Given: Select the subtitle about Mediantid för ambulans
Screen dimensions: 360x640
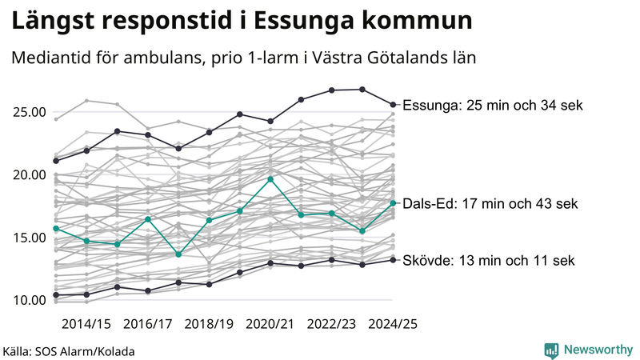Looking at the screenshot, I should pyautogui.click(x=243, y=58).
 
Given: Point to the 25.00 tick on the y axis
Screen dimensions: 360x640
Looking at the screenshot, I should pyautogui.click(x=28, y=112).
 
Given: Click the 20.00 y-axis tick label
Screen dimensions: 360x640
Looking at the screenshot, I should pyautogui.click(x=28, y=174).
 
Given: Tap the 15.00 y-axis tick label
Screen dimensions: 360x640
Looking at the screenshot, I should pyautogui.click(x=28, y=238).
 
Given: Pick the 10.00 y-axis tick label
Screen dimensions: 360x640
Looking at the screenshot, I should pyautogui.click(x=28, y=300).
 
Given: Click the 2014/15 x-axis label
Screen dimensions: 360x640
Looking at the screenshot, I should pyautogui.click(x=87, y=324).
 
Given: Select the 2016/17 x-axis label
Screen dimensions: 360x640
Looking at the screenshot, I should pyautogui.click(x=149, y=324).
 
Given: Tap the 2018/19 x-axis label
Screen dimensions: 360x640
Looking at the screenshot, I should pyautogui.click(x=209, y=324).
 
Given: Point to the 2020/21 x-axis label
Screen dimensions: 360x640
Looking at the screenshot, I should pyautogui.click(x=270, y=324).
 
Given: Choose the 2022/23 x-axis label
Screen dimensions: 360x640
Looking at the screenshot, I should pyautogui.click(x=331, y=324).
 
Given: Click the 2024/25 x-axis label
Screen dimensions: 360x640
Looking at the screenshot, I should pyautogui.click(x=392, y=324).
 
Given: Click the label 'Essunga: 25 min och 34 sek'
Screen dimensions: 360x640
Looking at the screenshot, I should pyautogui.click(x=493, y=106).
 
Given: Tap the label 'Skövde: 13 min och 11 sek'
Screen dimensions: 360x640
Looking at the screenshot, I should pyautogui.click(x=488, y=261).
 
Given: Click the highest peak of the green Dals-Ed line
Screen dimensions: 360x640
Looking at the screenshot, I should pyautogui.click(x=270, y=179).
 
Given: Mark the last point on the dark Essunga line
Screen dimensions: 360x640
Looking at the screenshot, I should pyautogui.click(x=393, y=104).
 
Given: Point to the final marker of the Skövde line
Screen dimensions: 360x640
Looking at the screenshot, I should pyautogui.click(x=393, y=259).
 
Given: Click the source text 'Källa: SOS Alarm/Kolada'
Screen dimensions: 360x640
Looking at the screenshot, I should pyautogui.click(x=69, y=351).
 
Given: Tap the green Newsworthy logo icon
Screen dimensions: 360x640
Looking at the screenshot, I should pyautogui.click(x=551, y=350).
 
